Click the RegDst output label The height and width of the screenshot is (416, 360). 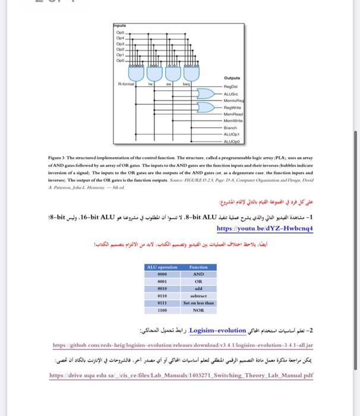230,87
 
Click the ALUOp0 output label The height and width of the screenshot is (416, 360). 231,140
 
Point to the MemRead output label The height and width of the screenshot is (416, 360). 232,114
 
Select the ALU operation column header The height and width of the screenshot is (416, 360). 162,267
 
